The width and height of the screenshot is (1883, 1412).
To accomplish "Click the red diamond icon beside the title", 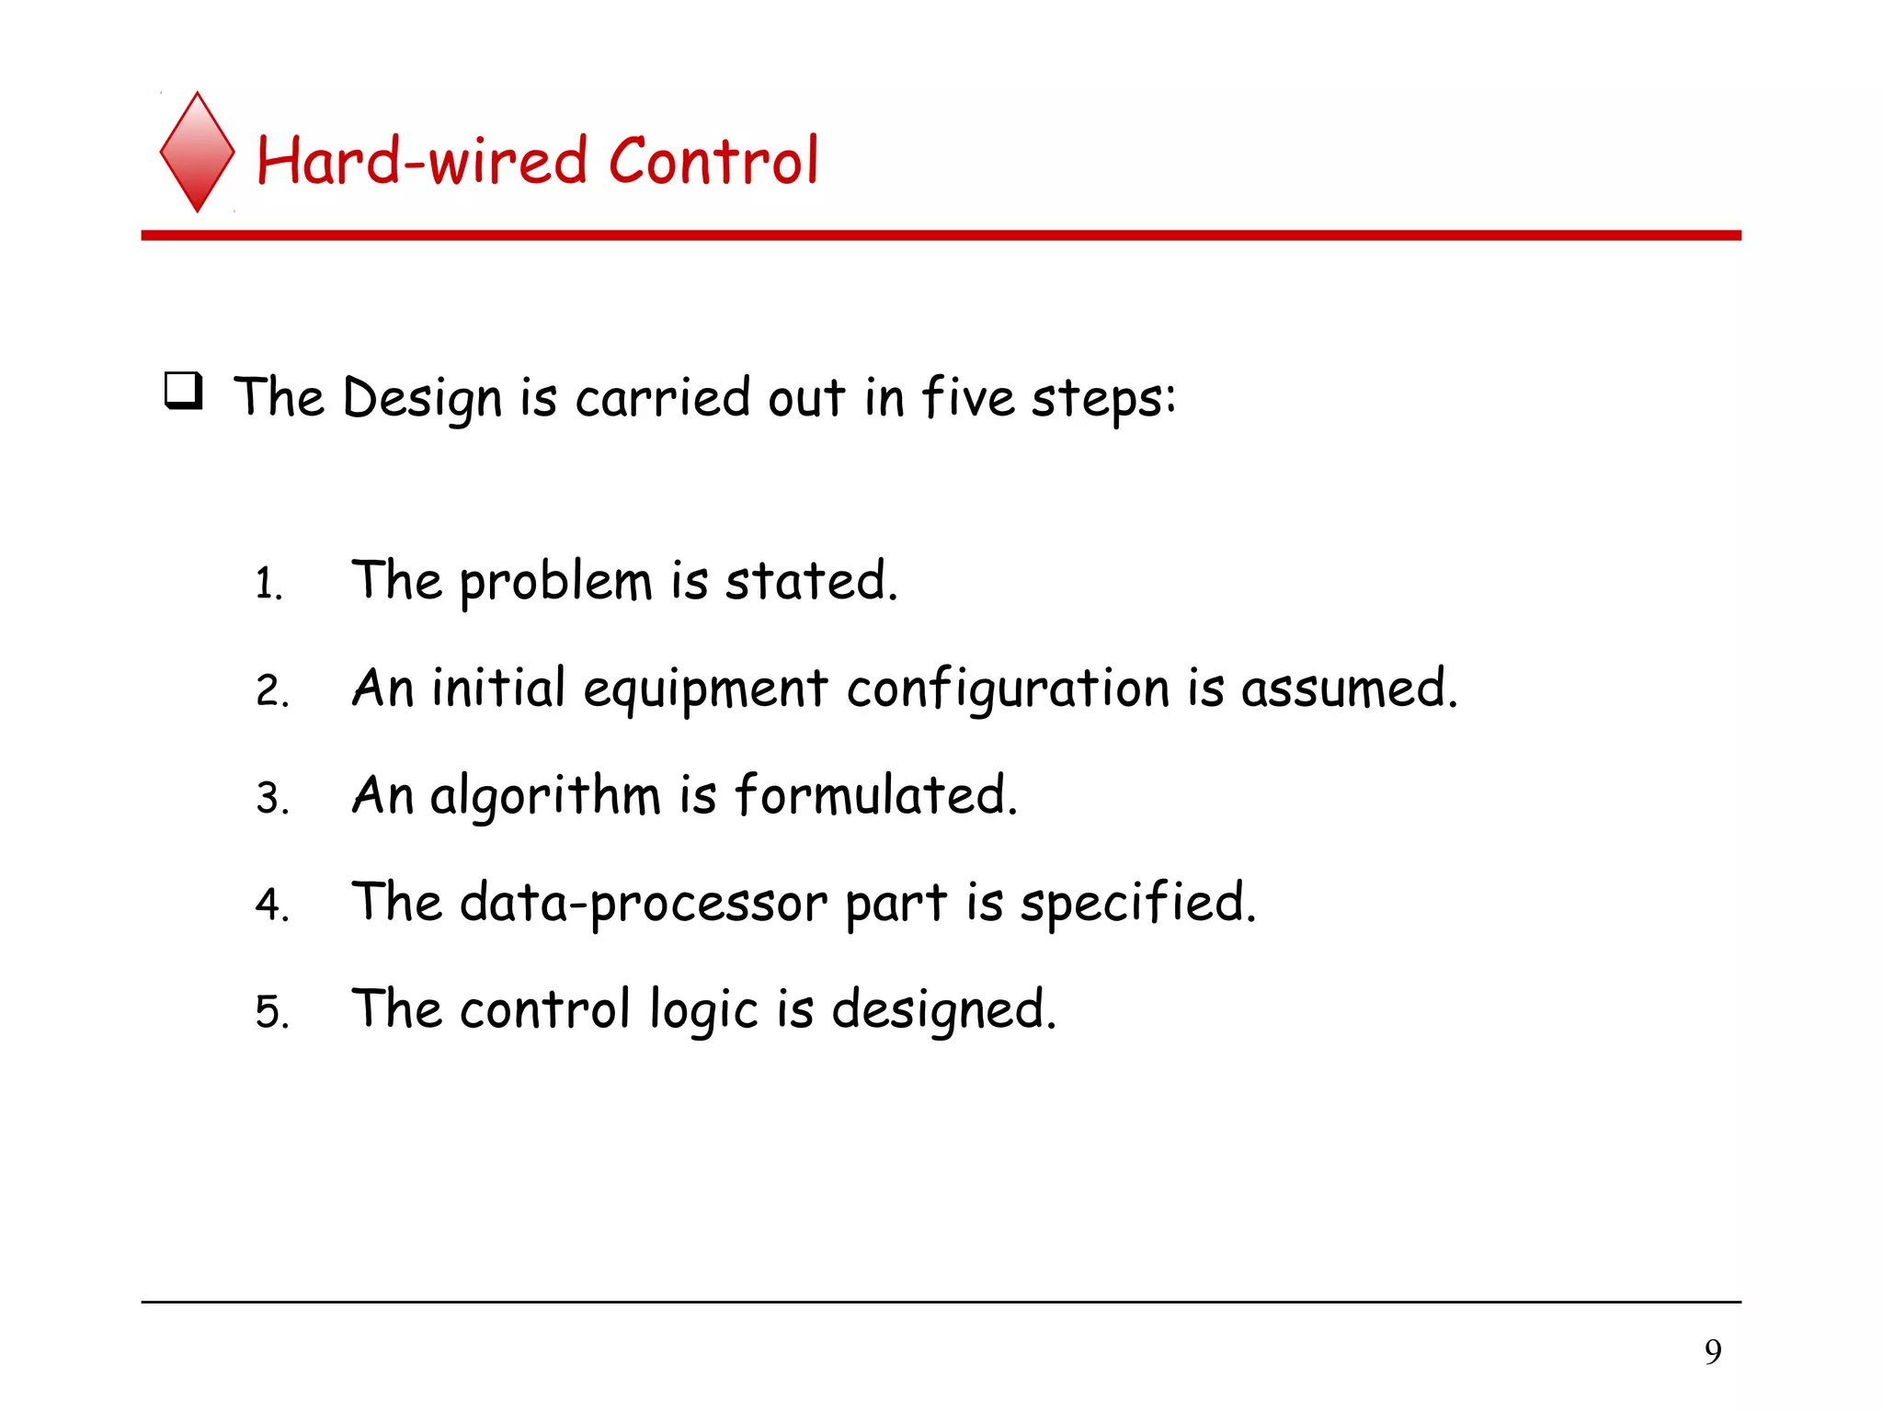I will coord(197,153).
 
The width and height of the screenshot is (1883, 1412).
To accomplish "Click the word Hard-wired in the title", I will coord(421,161).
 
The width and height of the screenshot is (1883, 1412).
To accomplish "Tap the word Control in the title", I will coord(713,161).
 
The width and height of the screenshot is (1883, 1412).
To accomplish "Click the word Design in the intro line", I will coord(422,400).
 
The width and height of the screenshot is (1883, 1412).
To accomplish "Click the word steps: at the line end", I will coord(1103,400).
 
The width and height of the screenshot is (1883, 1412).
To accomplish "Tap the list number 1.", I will coord(268,585).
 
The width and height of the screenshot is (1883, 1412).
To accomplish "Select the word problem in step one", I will coord(555,584).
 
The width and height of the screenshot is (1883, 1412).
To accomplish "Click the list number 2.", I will coord(271,691).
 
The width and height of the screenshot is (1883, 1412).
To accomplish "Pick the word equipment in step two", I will coord(705,691).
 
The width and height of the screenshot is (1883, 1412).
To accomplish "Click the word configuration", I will coord(1009,691).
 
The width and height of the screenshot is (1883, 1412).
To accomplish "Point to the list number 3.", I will coord(271,798).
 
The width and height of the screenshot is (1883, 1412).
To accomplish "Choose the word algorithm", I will coord(545,797).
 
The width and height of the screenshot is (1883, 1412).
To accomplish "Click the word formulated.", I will coord(876,795).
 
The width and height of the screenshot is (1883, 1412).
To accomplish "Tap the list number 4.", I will coord(271,905).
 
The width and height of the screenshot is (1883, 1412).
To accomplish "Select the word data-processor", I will coord(644,905).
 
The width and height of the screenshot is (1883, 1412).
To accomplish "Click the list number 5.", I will coord(271,1012).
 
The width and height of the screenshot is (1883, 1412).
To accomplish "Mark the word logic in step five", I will coord(703,1012).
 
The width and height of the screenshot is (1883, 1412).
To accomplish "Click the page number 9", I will coord(1713,1351).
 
